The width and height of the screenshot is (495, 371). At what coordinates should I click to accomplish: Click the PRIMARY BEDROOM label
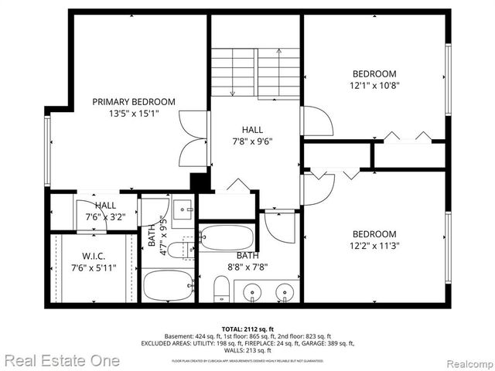[134, 101]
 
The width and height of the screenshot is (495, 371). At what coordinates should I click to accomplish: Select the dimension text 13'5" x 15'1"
[134, 113]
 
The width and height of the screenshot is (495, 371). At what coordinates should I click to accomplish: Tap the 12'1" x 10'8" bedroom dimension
[374, 85]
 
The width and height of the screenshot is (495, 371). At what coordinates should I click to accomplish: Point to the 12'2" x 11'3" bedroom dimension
[374, 247]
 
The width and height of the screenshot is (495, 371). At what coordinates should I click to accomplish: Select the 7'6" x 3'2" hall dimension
[105, 217]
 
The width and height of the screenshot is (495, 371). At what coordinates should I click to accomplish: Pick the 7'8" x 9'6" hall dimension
[252, 141]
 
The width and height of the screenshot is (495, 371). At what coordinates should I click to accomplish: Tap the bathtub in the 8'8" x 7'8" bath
[225, 237]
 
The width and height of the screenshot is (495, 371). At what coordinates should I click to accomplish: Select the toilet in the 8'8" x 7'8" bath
[221, 290]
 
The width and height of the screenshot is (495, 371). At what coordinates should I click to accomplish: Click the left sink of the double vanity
[251, 292]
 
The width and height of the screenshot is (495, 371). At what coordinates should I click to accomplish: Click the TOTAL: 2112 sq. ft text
[247, 328]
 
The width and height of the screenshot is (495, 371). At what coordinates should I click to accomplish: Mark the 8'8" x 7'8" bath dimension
[247, 267]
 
